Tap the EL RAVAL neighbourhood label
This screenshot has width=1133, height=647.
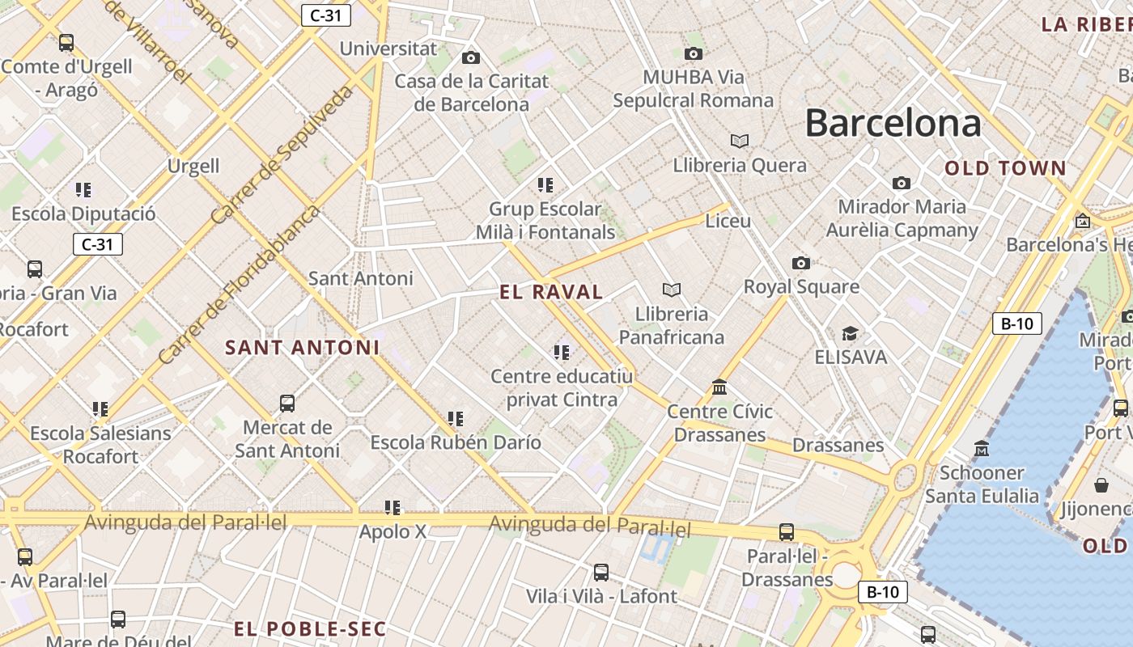click(x=551, y=292)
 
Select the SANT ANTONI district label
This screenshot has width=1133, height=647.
click(x=302, y=348)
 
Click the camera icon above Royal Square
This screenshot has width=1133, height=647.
click(x=800, y=263)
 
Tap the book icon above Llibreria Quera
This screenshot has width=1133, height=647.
click(x=739, y=141)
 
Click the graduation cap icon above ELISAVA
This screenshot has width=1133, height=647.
click(x=849, y=333)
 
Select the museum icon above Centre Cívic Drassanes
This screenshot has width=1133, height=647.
click(x=719, y=387)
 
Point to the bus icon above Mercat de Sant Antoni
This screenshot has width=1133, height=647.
click(x=286, y=403)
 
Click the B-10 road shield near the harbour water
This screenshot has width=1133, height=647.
click(x=1016, y=323)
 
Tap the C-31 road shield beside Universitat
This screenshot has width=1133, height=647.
click(x=325, y=15)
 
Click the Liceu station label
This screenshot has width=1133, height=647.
click(x=728, y=221)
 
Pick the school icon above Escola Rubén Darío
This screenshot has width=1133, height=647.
click(x=456, y=419)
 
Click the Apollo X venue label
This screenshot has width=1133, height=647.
click(x=393, y=532)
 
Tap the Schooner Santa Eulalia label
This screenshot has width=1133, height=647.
click(x=982, y=484)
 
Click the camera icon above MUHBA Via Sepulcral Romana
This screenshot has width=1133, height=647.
click(x=693, y=53)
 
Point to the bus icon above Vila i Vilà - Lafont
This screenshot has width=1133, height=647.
click(x=600, y=573)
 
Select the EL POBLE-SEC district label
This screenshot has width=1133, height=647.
click(x=310, y=628)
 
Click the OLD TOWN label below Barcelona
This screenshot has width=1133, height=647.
click(x=1005, y=168)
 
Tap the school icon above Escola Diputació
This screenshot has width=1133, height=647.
click(x=83, y=190)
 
